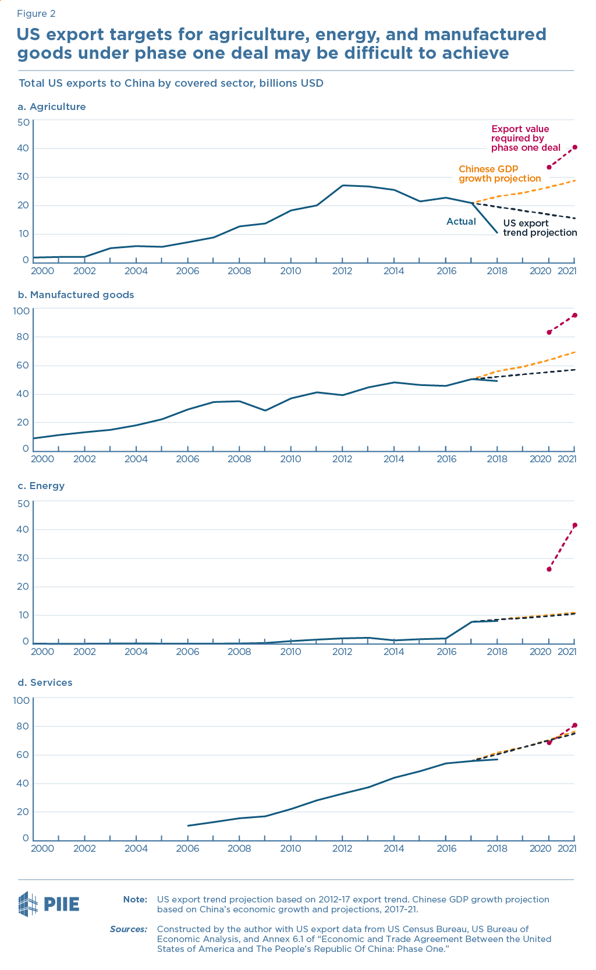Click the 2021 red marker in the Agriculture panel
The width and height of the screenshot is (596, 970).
tap(574, 147)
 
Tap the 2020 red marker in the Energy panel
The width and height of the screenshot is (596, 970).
tap(549, 569)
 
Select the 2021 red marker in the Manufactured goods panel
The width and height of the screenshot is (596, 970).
tap(574, 315)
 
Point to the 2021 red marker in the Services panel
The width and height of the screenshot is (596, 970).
tap(574, 725)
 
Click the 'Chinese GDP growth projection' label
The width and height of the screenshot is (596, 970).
tap(499, 174)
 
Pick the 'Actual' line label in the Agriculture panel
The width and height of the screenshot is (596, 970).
tap(461, 221)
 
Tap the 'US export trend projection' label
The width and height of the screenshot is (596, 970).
tap(540, 228)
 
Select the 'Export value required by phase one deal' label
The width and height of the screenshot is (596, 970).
tap(525, 138)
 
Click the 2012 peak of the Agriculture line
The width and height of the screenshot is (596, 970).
tap(342, 185)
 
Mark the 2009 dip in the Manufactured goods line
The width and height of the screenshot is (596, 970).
tap(265, 410)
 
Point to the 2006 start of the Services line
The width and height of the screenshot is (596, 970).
tap(188, 826)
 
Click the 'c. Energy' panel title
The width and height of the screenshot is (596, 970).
tap(41, 486)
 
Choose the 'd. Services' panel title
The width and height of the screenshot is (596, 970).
tap(45, 682)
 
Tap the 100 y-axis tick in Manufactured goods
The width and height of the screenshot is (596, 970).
tap(22, 311)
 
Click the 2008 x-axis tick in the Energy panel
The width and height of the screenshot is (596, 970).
tap(239, 652)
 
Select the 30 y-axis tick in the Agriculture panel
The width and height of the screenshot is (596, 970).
tap(23, 177)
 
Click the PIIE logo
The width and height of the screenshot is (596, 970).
tap(49, 904)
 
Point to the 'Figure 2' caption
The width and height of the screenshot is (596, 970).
tap(36, 13)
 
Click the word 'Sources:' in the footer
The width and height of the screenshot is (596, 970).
tap(129, 929)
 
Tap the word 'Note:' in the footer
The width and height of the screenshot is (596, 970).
tap(135, 900)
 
